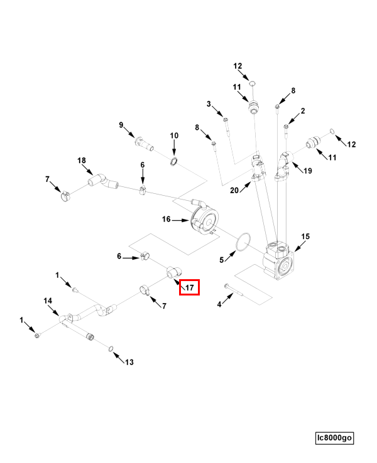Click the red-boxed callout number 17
(189, 288)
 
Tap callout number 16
(167, 219)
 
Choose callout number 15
(305, 237)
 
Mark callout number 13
(129, 362)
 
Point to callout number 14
(48, 301)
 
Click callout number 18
(81, 161)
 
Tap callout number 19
(309, 171)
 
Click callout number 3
(209, 104)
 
